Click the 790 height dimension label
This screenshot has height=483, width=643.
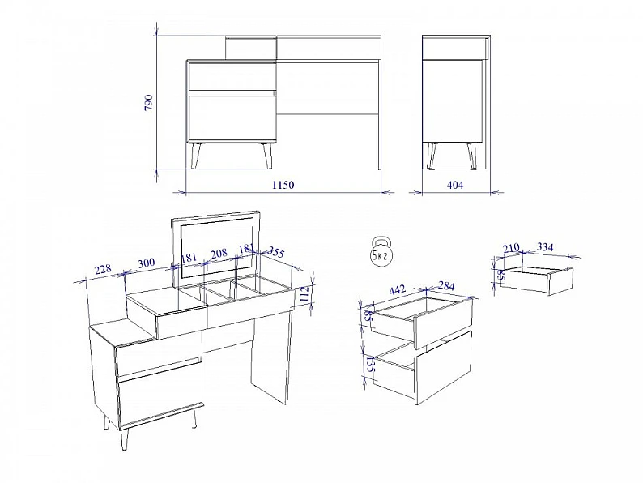(148, 103)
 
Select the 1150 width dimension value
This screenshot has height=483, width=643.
(283, 185)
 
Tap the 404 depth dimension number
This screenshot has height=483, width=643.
(455, 185)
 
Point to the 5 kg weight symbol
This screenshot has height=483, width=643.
(381, 252)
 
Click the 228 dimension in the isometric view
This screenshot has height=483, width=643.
(103, 270)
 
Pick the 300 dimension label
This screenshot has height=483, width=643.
(147, 263)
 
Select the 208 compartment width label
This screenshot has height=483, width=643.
(219, 253)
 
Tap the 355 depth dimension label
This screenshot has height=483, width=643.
(276, 253)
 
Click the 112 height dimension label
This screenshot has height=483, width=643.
(304, 294)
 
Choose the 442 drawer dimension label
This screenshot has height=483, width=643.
(397, 289)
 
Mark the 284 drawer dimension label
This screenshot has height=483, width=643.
(446, 286)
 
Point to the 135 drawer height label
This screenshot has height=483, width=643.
(369, 365)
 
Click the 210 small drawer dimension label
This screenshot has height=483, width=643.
(511, 248)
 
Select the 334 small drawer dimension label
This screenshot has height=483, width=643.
(545, 247)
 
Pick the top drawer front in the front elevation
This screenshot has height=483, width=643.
(232, 76)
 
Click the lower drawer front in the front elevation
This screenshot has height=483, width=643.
(232, 118)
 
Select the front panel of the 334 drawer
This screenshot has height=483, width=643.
(560, 281)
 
